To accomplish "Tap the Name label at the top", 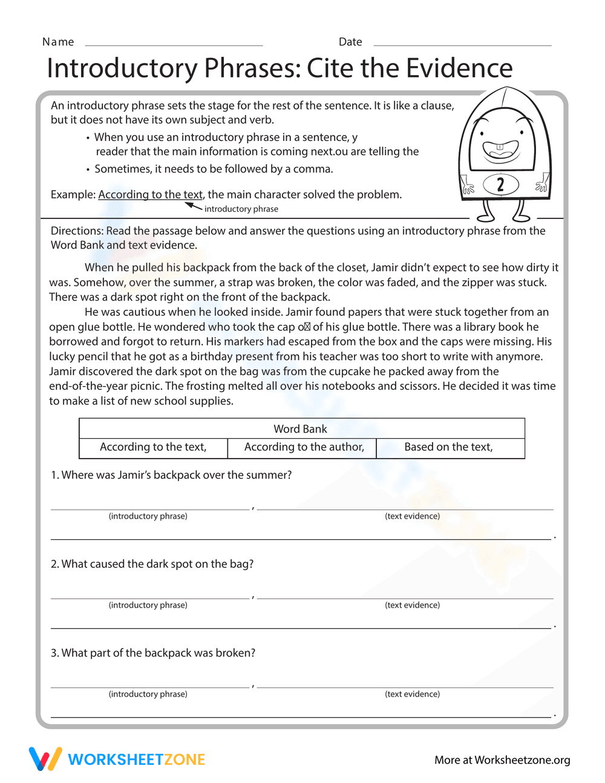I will coord(58,42).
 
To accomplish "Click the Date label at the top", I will coord(350,42).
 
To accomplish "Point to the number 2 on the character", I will coord(500,185).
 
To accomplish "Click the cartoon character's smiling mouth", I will coord(501,149).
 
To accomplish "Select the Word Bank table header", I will coord(301,429).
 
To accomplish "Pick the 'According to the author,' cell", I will coord(304,447).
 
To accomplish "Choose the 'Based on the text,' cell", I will coord(448,447).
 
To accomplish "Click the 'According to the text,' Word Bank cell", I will coord(153,447).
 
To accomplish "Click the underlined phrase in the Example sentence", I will coord(150,195).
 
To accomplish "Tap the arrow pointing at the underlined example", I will coord(193,206).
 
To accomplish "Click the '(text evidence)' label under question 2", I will coord(412,605).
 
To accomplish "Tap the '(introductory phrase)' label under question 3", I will coord(148,694).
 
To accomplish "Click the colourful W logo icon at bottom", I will coord(45,759).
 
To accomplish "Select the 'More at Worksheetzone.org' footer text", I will coord(502,760).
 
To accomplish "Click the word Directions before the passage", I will coord(76,231).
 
